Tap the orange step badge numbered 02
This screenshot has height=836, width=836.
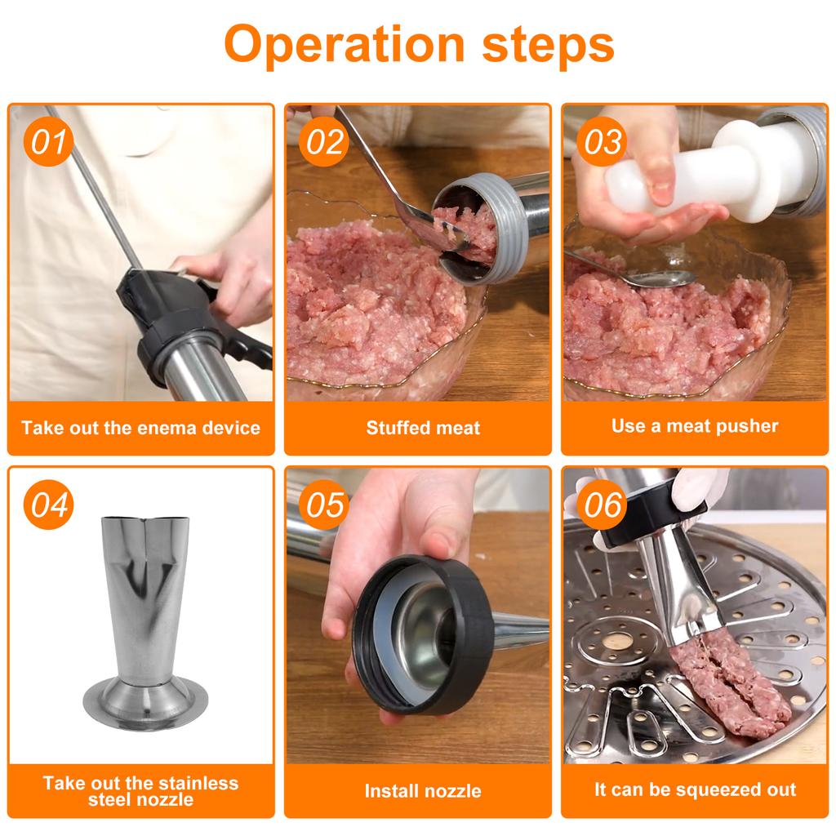pyautogui.click(x=325, y=142)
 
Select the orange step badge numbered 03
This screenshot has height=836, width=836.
pyautogui.click(x=603, y=142)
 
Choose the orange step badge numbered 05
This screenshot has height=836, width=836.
pyautogui.click(x=325, y=505)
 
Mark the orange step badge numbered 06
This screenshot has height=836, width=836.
pyautogui.click(x=603, y=505)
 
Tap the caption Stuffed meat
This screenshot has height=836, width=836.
pyautogui.click(x=422, y=428)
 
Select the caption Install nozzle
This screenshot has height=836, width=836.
pyautogui.click(x=422, y=790)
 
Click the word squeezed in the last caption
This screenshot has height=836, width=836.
pyautogui.click(x=714, y=789)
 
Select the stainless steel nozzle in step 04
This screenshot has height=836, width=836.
pyautogui.click(x=139, y=604)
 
